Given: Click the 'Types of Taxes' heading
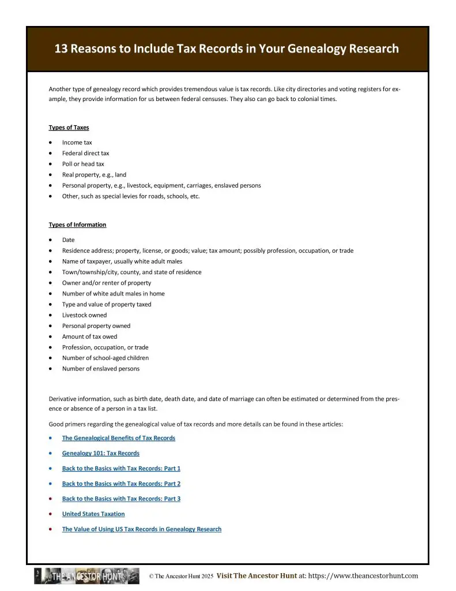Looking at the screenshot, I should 69,128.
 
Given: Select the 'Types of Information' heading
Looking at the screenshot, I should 77,225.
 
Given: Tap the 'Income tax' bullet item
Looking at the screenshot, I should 77,143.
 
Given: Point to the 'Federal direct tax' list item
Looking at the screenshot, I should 85,154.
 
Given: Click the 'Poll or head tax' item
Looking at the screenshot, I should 83,164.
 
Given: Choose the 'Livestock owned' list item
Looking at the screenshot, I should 84,315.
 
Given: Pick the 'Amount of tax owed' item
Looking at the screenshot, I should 89,336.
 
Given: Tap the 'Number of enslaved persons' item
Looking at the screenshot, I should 100,369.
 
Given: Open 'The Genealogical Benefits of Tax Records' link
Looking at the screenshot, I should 118,438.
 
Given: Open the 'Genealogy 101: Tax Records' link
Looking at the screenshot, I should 100,453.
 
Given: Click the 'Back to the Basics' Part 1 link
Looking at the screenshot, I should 121,469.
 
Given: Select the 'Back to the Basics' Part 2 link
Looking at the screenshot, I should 121,484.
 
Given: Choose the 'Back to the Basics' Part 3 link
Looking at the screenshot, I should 121,499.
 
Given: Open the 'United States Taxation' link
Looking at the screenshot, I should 93,514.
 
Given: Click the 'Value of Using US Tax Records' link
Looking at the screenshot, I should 141,529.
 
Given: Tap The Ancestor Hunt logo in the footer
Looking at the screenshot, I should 86,576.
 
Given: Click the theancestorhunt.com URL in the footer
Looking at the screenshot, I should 363,575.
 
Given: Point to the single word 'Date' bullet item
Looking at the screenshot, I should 69,240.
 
